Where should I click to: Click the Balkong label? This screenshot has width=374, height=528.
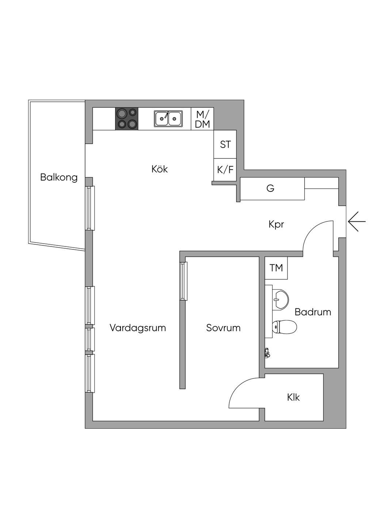pos(59,178)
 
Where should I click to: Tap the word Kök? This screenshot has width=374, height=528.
pos(160,169)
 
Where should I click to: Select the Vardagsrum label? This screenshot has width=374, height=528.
pos(138,328)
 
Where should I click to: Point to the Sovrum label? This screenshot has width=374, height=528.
pos(223,328)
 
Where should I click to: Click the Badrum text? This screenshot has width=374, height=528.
pos(313,312)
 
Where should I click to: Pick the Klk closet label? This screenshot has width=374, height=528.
pos(293,397)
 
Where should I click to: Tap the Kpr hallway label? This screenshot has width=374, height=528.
pos(276,224)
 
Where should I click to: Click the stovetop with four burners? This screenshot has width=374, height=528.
pos(127,119)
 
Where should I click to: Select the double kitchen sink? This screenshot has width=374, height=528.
pos(168,119)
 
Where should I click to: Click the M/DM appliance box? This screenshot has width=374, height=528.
pos(202,119)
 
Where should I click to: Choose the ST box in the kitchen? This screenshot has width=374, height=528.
pos(225,144)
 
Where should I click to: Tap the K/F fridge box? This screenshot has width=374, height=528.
pos(225,170)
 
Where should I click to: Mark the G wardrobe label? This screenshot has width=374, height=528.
pos(270,189)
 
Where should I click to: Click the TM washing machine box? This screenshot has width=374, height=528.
pos(276,268)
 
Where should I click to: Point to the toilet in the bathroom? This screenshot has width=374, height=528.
pos(285,327)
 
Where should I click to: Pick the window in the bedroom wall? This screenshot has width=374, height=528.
pos(183,281)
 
